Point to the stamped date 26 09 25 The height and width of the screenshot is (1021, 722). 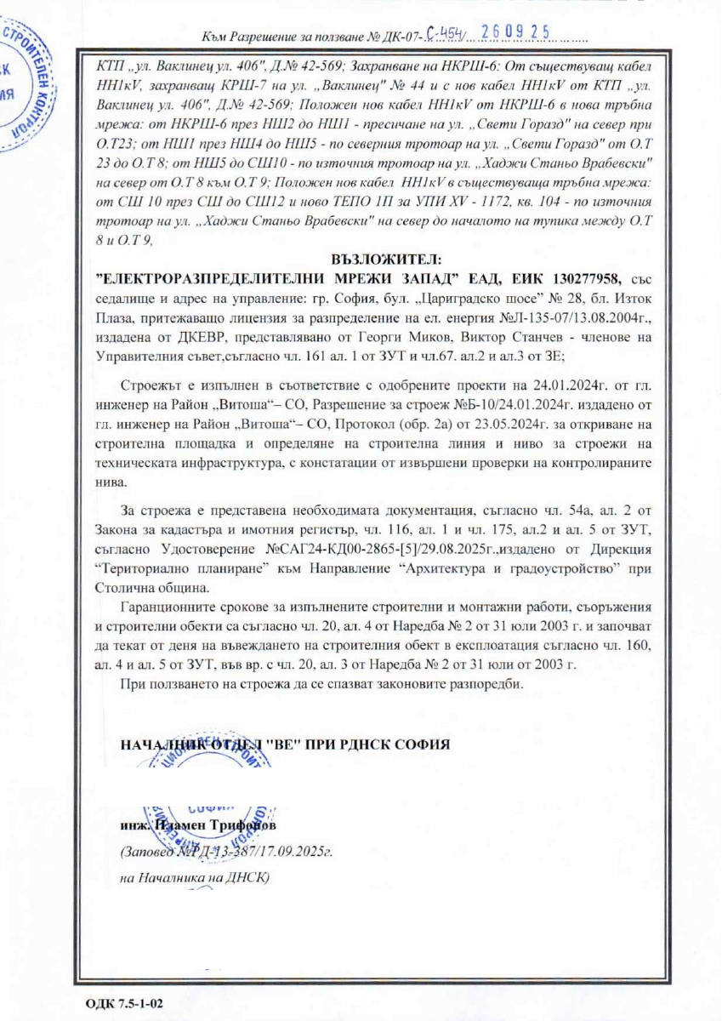[515, 33]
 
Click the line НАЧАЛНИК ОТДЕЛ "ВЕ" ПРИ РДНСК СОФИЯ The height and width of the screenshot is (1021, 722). [285, 743]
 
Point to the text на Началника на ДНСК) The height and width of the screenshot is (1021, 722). [194, 877]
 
